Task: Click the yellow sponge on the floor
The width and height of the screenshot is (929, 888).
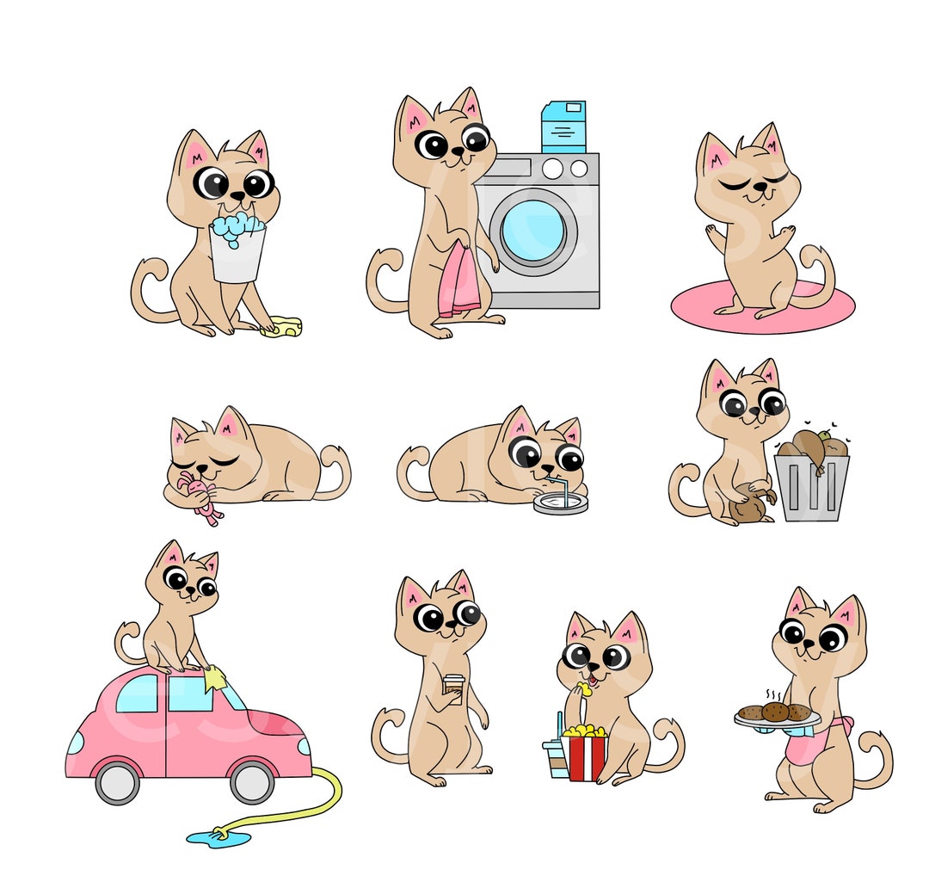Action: (x=282, y=327)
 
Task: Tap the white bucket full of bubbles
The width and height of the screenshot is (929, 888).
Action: (x=237, y=254)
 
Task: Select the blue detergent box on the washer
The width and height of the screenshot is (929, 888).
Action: (x=563, y=126)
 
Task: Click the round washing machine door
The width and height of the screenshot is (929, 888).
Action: (x=533, y=230)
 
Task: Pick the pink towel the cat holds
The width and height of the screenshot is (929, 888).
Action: (x=458, y=284)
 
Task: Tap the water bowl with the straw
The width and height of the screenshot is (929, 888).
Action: (x=560, y=502)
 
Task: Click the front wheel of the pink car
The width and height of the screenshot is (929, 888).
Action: (x=252, y=781)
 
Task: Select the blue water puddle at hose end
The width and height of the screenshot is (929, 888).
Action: (x=218, y=836)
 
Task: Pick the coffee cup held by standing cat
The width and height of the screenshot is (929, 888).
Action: (x=453, y=685)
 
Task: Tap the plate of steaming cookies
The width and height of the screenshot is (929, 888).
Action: (x=776, y=714)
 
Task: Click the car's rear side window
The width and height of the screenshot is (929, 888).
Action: (x=138, y=694)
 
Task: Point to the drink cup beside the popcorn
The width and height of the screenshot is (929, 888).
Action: (x=555, y=757)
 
